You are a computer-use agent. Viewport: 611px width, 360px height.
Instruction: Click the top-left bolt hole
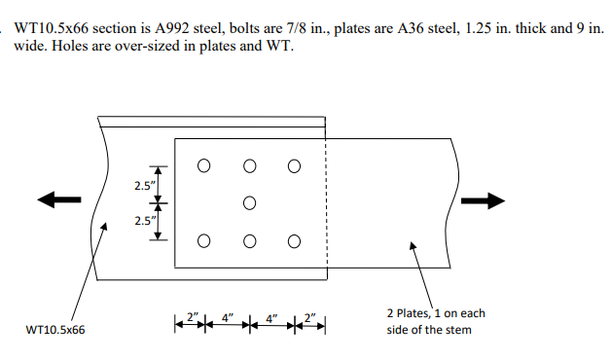pos(203,165)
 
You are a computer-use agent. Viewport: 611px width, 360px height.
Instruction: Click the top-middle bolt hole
pos(249,165)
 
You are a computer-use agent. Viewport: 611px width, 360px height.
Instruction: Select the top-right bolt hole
pos(294,165)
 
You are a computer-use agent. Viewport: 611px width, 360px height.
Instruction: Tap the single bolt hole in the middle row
pos(249,203)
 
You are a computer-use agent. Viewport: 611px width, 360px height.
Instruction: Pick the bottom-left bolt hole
pos(203,241)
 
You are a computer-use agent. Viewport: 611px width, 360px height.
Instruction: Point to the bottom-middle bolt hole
pos(249,241)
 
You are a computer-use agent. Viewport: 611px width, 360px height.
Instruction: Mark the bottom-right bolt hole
pos(294,241)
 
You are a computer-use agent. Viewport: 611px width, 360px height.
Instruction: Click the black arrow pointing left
pos(59,198)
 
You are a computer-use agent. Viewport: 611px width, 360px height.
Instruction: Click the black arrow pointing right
pos(484,200)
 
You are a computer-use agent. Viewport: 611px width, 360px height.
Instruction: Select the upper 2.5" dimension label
pos(143,185)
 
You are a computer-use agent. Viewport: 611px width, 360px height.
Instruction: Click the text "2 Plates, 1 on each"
pos(436,313)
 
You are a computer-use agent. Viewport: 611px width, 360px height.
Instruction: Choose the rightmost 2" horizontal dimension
pos(308,317)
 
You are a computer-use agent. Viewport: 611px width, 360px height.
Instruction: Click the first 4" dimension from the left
pos(226,317)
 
